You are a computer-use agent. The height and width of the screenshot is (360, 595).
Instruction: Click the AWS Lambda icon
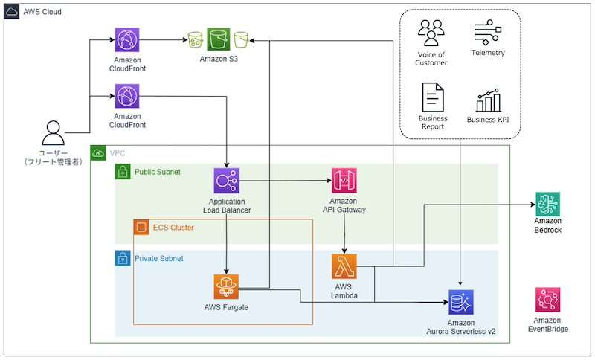tap(345, 266)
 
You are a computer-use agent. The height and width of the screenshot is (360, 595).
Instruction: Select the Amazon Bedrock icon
tap(547, 204)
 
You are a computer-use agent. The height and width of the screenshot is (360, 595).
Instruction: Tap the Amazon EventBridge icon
tap(547, 300)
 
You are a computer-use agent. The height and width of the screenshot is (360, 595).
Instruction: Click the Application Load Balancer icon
tap(226, 180)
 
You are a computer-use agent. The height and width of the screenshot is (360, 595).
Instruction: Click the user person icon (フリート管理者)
tap(53, 134)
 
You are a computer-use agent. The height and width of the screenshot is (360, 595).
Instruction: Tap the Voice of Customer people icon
tap(431, 33)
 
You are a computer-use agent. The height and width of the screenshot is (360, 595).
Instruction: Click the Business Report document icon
tap(433, 97)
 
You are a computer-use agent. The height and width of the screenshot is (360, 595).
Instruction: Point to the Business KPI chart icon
tap(488, 100)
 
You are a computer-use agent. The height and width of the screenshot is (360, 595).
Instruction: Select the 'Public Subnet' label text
tap(158, 172)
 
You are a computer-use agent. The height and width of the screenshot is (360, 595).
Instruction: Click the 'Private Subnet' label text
tap(158, 258)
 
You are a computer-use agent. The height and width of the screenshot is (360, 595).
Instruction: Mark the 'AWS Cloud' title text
tap(42, 13)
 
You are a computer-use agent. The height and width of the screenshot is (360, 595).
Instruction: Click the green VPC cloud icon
tap(97, 153)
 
